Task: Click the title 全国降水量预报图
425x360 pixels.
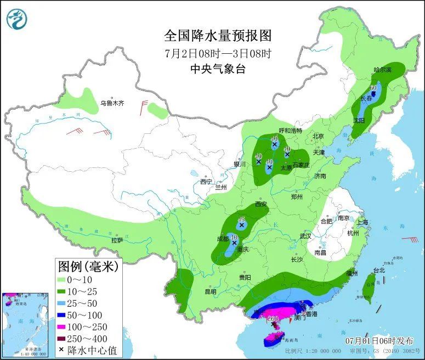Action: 218,36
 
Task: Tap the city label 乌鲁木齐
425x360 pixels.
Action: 112,103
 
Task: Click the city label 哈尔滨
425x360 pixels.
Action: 383,70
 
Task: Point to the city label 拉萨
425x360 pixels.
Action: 117,240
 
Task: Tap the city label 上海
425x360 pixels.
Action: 362,222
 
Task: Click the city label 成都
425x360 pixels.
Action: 223,239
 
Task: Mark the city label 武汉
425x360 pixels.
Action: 305,236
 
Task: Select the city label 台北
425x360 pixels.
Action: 379,270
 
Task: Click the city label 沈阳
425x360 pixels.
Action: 358,119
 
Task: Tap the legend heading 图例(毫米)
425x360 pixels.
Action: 88,267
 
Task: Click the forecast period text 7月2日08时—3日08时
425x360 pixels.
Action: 218,53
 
